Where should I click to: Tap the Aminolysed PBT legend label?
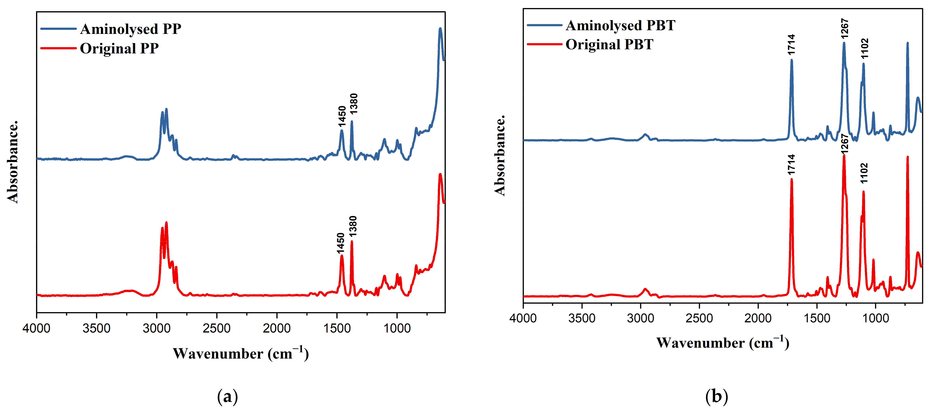pyautogui.click(x=620, y=26)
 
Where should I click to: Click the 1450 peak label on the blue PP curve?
pyautogui.click(x=342, y=116)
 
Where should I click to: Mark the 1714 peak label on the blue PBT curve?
pyautogui.click(x=791, y=45)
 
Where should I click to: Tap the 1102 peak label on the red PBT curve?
pyautogui.click(x=864, y=173)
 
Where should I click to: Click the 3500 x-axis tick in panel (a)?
pyautogui.click(x=96, y=329)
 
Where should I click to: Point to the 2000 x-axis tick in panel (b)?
pyautogui.click(x=758, y=318)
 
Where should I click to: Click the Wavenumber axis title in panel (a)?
pyautogui.click(x=241, y=353)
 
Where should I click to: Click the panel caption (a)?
pyautogui.click(x=228, y=397)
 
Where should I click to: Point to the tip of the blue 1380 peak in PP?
pyautogui.click(x=352, y=122)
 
